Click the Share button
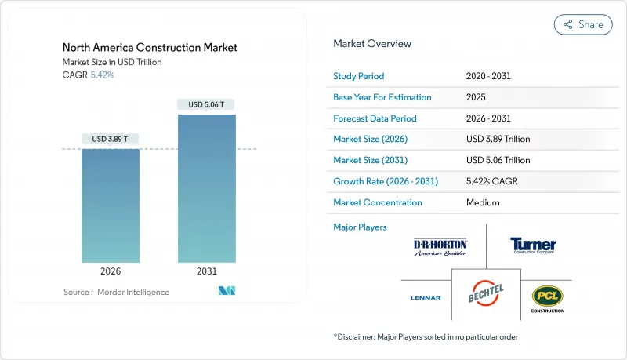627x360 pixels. click(x=583, y=24)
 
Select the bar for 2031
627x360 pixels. click(x=207, y=188)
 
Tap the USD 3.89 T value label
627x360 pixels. click(x=111, y=139)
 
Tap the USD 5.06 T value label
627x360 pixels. click(x=207, y=104)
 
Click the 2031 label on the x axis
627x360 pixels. click(x=207, y=272)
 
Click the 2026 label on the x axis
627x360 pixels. click(x=111, y=272)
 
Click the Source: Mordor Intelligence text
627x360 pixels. click(x=116, y=292)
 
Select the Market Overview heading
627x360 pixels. click(x=371, y=43)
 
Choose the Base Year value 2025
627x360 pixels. click(x=476, y=97)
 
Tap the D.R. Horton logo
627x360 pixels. click(x=440, y=247)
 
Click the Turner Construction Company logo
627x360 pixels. click(x=532, y=245)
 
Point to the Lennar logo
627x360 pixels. click(x=426, y=297)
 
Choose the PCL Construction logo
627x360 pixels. click(x=547, y=298)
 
